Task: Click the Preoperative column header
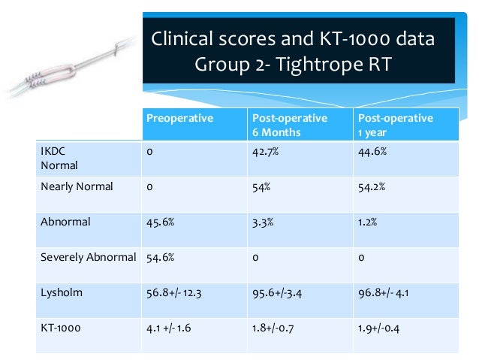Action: (179, 118)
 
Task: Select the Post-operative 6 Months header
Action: (289, 125)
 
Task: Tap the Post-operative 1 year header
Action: (396, 125)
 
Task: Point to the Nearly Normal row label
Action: (77, 187)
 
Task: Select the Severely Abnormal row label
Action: (88, 257)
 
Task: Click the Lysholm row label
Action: (57, 292)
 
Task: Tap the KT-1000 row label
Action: (59, 328)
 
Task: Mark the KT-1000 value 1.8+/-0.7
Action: (278, 328)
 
